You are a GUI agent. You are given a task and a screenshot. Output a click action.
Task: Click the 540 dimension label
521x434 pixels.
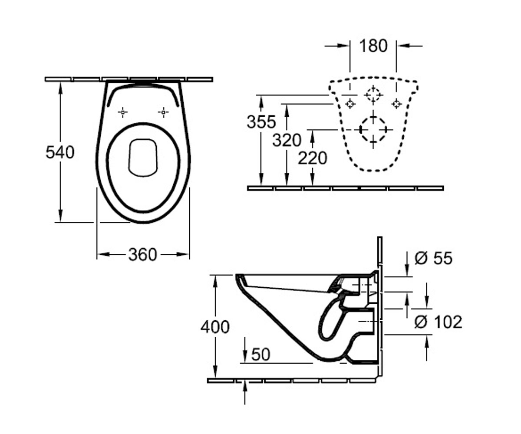tap(60, 152)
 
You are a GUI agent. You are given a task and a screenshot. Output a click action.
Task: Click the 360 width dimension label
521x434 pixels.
tap(142, 255)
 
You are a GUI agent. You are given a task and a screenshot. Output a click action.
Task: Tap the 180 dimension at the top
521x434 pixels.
tap(373, 46)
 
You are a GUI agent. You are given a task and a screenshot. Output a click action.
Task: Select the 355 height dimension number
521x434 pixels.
tap(261, 122)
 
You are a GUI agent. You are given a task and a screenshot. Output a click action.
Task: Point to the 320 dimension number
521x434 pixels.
tap(287, 140)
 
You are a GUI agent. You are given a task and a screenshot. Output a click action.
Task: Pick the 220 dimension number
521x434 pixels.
tap(313, 158)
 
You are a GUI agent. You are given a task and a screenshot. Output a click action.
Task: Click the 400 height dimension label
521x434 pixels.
tap(215, 327)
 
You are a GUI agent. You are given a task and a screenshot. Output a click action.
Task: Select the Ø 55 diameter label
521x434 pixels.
tap(433, 258)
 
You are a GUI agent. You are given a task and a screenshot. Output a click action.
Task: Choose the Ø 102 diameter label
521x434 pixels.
tap(438, 322)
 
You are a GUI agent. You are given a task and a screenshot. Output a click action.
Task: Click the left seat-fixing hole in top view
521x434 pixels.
tap(122, 112)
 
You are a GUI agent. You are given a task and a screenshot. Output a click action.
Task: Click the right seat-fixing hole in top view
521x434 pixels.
tap(163, 112)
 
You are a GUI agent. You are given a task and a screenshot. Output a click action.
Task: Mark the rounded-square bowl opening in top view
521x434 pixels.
tap(143, 158)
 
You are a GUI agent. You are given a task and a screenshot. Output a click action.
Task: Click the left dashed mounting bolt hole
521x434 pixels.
tap(350, 104)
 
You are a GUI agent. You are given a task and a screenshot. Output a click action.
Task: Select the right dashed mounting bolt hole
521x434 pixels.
tap(396, 104)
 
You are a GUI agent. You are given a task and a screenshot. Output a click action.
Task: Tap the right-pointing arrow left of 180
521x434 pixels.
tap(337, 46)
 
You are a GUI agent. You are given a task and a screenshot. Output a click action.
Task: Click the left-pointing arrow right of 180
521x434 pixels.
tap(410, 46)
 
